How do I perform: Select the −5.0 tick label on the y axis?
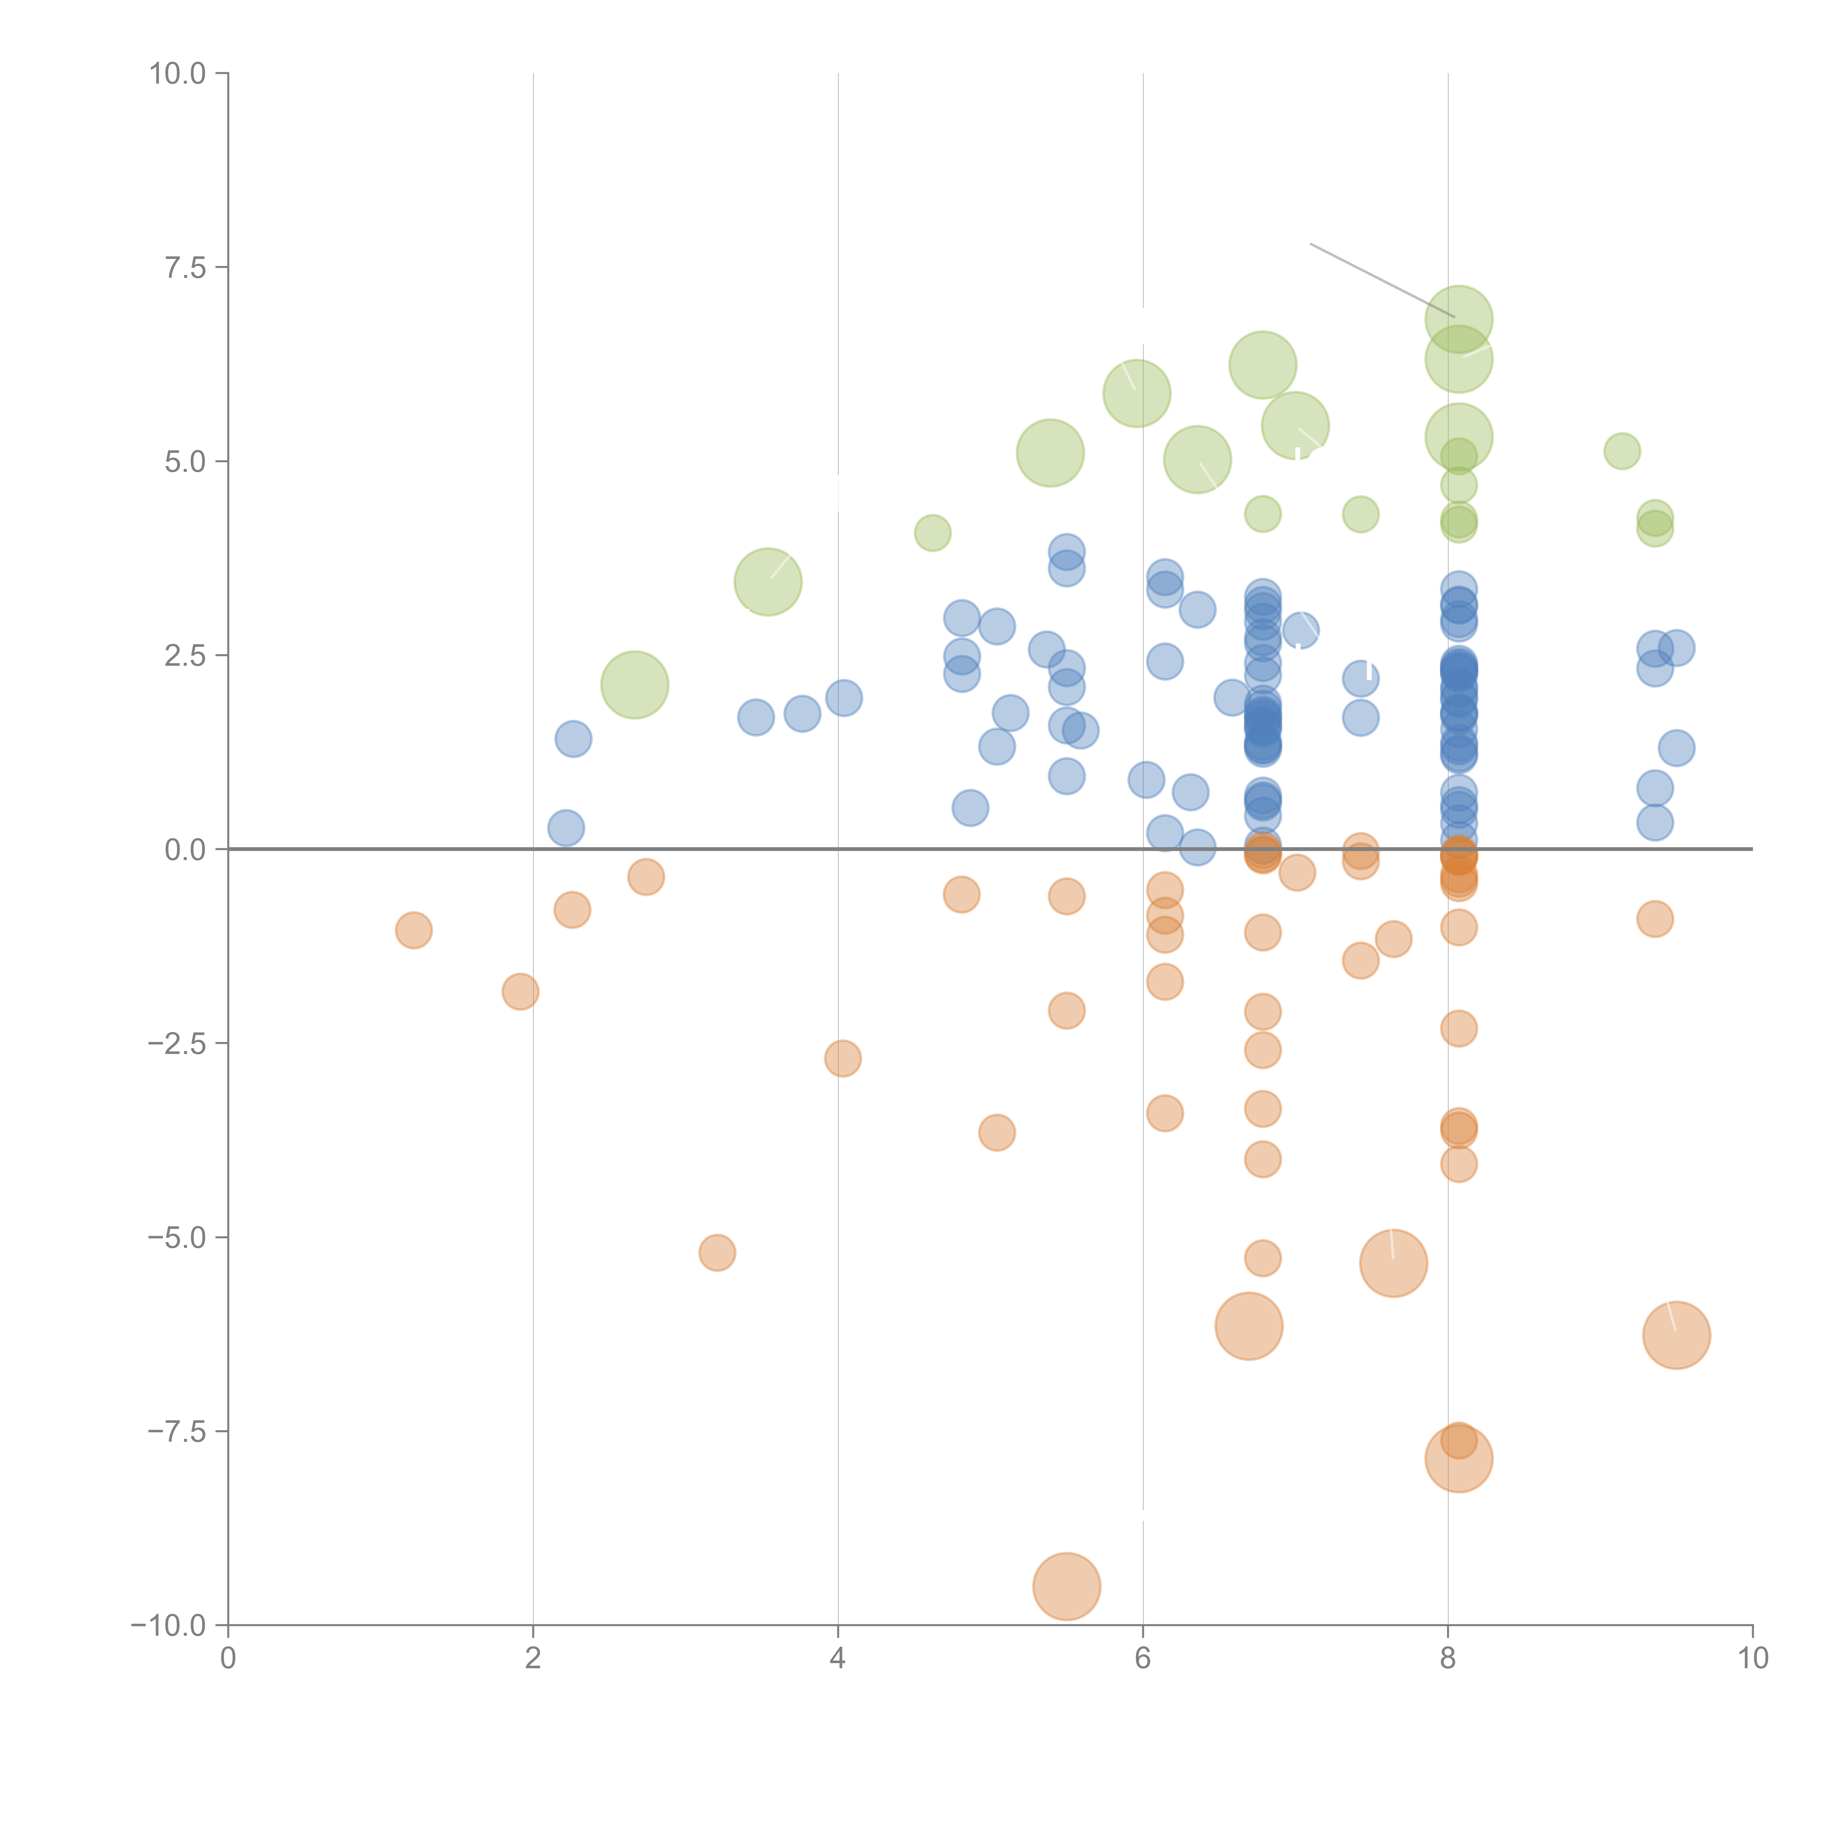click(x=177, y=1237)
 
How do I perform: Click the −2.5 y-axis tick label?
click(x=177, y=1043)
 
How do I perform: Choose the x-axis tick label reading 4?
click(x=837, y=1659)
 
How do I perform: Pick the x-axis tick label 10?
click(x=1752, y=1659)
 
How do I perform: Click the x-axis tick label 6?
click(x=1143, y=1659)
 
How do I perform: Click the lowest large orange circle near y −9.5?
click(x=1066, y=1586)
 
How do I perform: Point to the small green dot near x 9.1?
click(x=1622, y=451)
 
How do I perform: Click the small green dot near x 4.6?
click(x=932, y=533)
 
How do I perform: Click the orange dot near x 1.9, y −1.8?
click(x=520, y=992)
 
